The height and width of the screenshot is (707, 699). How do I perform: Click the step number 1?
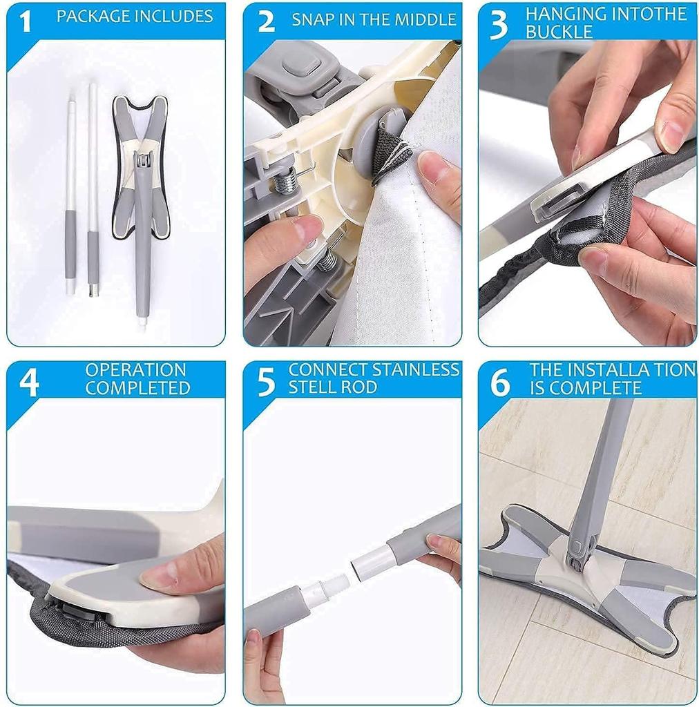point(26,21)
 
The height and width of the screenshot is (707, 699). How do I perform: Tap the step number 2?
point(266,21)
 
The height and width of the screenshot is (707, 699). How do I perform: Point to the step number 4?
point(28,383)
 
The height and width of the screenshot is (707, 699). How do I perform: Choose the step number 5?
point(266,383)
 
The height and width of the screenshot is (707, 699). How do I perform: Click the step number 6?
point(500,383)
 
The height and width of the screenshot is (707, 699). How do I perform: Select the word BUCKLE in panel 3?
point(559,32)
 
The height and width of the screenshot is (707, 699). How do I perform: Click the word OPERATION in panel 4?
point(136,370)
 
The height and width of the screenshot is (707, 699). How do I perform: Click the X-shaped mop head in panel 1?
point(141,166)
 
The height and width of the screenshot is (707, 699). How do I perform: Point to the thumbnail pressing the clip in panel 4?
point(154,577)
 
